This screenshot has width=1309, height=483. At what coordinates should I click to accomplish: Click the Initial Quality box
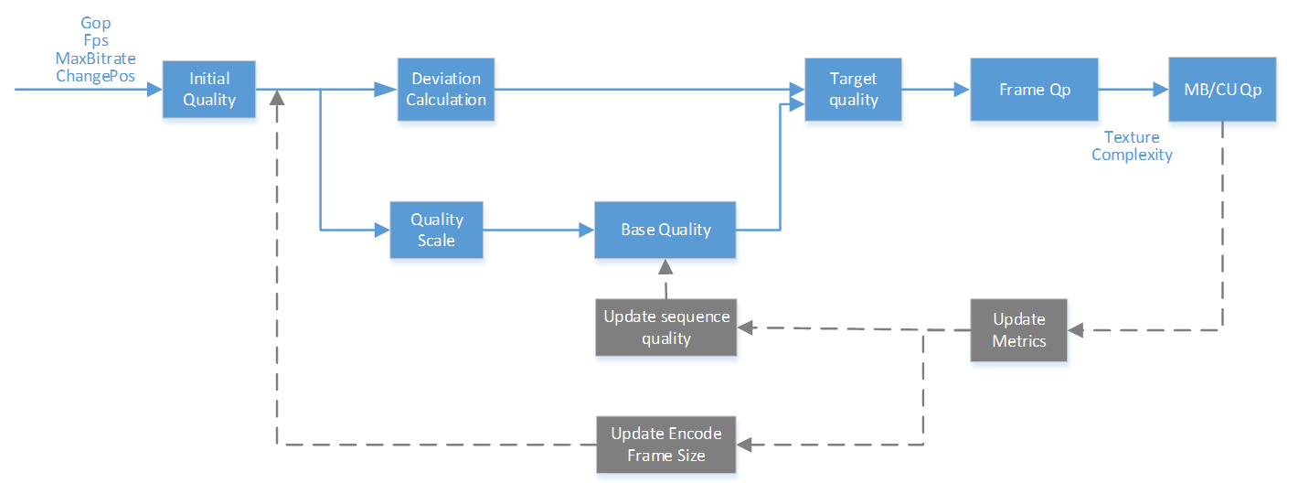point(208,90)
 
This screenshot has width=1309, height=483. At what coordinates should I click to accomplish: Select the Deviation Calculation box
point(446,90)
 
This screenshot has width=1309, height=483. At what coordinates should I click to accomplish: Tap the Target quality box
point(853,90)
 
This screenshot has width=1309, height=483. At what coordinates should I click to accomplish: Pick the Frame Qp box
point(1035,90)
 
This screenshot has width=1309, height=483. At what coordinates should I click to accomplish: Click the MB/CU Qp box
point(1222,90)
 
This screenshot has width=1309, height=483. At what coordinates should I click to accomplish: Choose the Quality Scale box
point(437,230)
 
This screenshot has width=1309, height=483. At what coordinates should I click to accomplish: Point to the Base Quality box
point(665,230)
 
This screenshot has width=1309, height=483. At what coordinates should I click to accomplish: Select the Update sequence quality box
point(666,327)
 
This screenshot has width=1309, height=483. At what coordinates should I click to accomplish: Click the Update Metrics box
point(1019,330)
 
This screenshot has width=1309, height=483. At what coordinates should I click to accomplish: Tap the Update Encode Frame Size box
point(666,445)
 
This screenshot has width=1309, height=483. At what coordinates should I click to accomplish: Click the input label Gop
point(96,24)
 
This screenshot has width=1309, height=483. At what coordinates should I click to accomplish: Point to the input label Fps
point(96,41)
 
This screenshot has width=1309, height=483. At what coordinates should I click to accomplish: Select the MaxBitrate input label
point(96,59)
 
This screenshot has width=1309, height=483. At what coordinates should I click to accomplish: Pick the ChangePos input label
point(96,76)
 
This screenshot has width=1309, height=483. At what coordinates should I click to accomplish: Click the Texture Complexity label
point(1132,145)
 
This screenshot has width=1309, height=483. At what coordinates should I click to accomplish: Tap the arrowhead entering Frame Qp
point(962,90)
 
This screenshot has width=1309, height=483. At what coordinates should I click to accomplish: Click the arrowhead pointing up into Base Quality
point(665,266)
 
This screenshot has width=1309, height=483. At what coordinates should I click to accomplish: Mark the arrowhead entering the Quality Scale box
point(382,230)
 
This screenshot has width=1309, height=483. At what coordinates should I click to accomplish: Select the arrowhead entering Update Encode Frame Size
point(744,445)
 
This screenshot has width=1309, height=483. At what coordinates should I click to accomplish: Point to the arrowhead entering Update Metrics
point(1076,330)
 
